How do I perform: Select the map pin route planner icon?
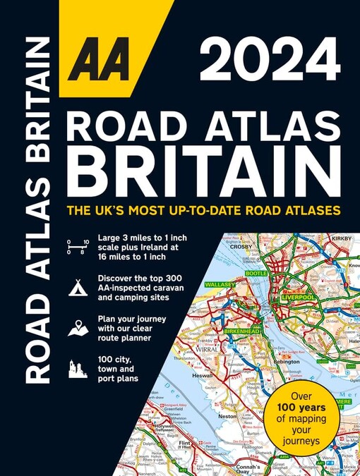click(78, 327)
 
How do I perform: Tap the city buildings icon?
click(78, 368)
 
